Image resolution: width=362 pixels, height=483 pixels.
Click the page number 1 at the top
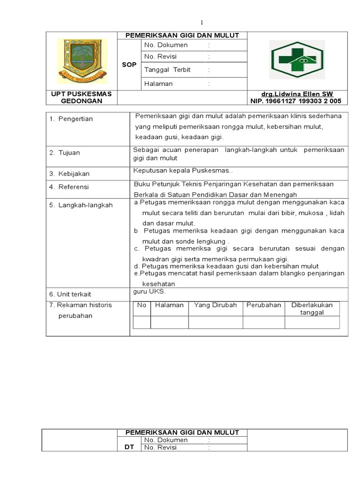pyautogui.click(x=202, y=22)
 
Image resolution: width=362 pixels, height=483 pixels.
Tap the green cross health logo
pyautogui.click(x=296, y=60)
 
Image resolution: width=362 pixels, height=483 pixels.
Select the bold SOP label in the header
pyautogui.click(x=129, y=65)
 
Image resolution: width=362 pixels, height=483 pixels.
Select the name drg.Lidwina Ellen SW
pyautogui.click(x=297, y=94)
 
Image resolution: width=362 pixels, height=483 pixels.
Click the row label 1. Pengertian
pyautogui.click(x=71, y=119)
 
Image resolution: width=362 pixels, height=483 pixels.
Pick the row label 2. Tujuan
pyautogui.click(x=65, y=152)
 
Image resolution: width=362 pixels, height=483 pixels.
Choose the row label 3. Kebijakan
pyautogui.click(x=70, y=174)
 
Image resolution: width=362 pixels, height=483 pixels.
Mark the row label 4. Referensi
pyautogui.click(x=69, y=187)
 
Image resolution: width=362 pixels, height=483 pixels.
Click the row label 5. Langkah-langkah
pyautogui.click(x=81, y=205)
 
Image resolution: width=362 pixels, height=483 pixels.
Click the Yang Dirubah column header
pyautogui.click(x=215, y=305)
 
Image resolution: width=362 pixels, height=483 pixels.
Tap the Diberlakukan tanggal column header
pyautogui.click(x=312, y=309)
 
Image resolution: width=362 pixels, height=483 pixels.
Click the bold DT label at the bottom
pyautogui.click(x=129, y=447)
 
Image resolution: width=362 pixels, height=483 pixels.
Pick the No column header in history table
pyautogui.click(x=141, y=305)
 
